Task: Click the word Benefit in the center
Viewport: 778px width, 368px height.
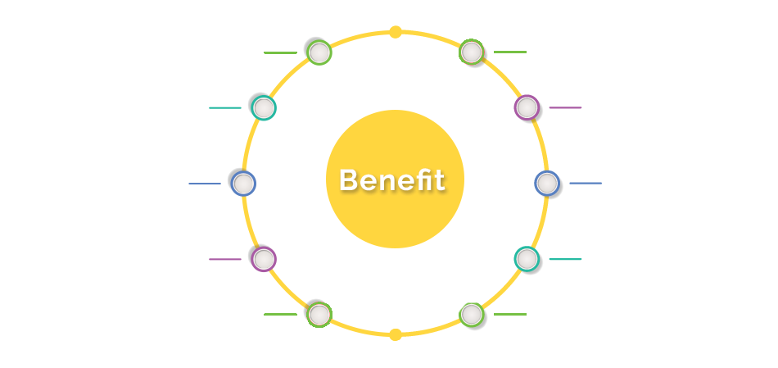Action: coord(391,179)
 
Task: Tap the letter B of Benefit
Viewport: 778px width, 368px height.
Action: coord(347,179)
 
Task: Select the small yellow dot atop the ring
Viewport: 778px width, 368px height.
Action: coord(396,32)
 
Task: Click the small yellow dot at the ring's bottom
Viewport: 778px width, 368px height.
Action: coord(396,334)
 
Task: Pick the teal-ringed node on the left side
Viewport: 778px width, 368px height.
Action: coord(264,107)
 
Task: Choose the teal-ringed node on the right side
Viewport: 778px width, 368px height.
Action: coord(527,259)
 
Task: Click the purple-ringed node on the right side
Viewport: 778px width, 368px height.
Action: coord(527,107)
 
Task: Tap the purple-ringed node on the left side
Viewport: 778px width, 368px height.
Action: coord(264,259)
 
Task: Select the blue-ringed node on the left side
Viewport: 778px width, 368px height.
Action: coord(243,184)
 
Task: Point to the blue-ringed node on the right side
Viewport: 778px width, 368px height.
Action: coord(547,184)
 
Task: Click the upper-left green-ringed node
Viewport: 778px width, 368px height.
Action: coord(319,52)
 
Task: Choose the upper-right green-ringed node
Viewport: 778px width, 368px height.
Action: coord(472,52)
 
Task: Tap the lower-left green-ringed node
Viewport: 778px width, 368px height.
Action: coord(319,315)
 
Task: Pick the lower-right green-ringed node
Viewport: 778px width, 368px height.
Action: coord(472,315)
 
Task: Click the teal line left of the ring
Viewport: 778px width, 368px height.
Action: coord(225,107)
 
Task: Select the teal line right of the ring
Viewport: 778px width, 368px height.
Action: coord(565,259)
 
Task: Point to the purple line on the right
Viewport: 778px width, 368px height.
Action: coord(565,107)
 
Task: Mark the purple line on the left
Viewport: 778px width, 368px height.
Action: coord(225,259)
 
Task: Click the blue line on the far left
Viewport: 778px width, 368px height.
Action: coord(205,184)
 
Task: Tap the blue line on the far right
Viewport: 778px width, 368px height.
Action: coord(586,184)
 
